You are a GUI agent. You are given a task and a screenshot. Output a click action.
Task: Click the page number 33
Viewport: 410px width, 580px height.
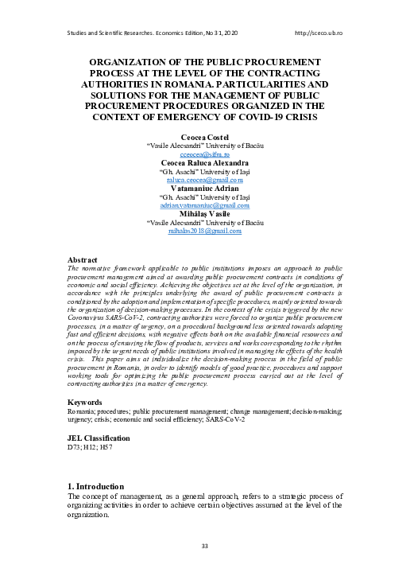click(204, 545)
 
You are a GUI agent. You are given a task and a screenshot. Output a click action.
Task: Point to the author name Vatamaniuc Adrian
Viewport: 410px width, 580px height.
click(205, 188)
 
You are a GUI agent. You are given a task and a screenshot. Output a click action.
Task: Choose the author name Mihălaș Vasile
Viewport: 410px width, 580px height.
click(205, 213)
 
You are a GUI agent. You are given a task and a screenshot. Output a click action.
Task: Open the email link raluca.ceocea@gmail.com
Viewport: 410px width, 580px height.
click(205, 179)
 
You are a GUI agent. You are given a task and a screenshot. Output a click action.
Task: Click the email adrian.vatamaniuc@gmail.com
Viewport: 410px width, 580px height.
click(205, 204)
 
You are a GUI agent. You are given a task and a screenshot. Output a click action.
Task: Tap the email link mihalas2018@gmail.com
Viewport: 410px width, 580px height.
click(205, 230)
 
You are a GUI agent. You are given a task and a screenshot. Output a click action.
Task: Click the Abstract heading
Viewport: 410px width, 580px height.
click(83, 260)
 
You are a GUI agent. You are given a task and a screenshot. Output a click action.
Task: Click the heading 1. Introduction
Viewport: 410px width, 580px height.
click(97, 485)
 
